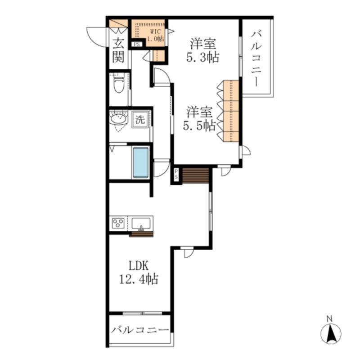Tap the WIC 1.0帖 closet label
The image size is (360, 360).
pos(155,35)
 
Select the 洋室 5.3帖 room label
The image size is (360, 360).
pos(203,50)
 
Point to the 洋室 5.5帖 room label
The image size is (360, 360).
pos(199,119)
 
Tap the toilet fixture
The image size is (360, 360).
pos(119,83)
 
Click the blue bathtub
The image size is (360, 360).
pos(141,162)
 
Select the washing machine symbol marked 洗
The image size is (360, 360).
pos(140,119)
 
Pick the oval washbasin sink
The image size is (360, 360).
pos(118,119)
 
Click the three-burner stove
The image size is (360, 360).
pos(118,223)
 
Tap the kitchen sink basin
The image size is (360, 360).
pos(141,224)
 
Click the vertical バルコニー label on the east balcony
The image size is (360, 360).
pos(256,59)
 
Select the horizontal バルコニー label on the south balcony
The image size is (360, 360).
pos(140,330)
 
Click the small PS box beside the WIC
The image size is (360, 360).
pos(137,44)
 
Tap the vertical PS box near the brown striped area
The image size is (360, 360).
pos(176,175)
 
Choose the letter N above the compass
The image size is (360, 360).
pos(330,319)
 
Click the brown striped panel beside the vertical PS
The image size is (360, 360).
pos(195,175)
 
